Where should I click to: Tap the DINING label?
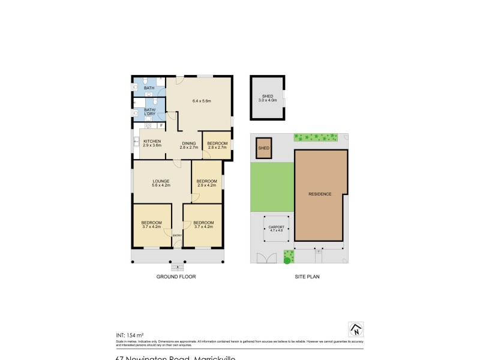tap(188, 143)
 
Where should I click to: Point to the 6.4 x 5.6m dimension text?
tap(201, 101)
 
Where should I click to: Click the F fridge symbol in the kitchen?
tap(161, 125)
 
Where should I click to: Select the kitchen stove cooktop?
tap(137, 142)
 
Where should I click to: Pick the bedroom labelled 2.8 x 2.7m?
tap(217, 145)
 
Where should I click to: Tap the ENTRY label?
tap(177, 236)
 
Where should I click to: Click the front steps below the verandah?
tap(177, 266)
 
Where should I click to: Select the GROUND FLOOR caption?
tap(176, 277)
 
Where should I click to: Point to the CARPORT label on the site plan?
tap(276, 227)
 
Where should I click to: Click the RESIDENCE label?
tap(320, 194)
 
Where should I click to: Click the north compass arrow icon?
tap(356, 329)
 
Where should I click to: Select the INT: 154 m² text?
tap(130, 335)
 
